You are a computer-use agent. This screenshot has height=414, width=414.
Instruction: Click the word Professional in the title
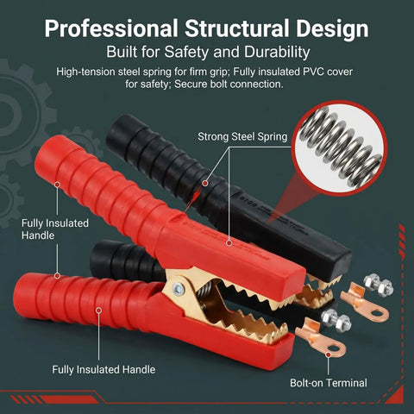pos(111,28)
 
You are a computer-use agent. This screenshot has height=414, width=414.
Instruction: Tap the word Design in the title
pos(332,29)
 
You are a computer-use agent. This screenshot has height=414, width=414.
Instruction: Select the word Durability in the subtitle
pos(277,53)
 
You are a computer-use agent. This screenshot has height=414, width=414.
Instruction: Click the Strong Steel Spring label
pos(242,137)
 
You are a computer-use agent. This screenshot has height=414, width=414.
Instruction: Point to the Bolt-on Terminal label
pos(329,383)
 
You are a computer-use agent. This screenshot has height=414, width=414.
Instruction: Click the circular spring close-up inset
pos(339,148)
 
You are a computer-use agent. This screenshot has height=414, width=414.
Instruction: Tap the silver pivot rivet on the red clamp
pos(179,287)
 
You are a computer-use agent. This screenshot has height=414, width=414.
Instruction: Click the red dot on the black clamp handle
pos(204,183)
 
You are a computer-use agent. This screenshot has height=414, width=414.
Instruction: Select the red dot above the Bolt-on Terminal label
pos(329,355)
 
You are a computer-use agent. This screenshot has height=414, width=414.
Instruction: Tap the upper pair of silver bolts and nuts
pos(379,285)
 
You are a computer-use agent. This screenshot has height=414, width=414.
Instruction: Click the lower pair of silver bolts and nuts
pos(336,320)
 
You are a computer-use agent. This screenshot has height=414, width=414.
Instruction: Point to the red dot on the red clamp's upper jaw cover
pos(229,243)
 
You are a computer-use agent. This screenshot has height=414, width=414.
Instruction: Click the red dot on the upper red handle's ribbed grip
pos(58,185)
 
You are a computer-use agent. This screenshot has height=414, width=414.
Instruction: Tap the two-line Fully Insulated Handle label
pos(55,229)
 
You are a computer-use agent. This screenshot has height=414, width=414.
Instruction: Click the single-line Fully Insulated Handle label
pos(103,369)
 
